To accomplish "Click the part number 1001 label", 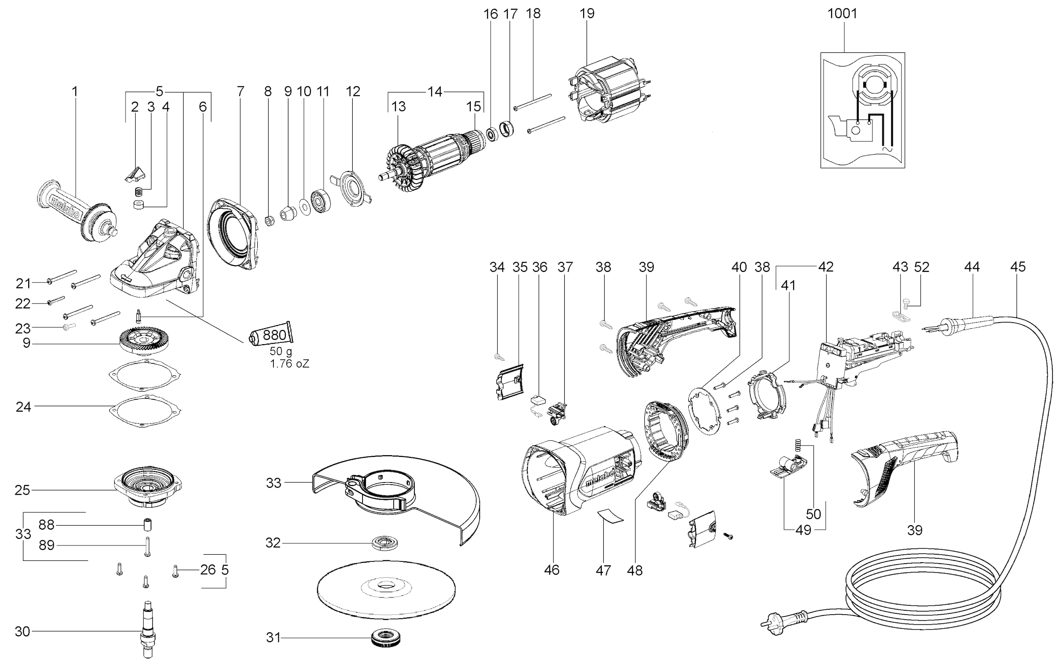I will pyautogui.click(x=842, y=14).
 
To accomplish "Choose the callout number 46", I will pyautogui.click(x=551, y=570).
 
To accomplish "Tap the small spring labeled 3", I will pyautogui.click(x=138, y=192).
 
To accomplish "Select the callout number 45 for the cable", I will pyautogui.click(x=1018, y=267).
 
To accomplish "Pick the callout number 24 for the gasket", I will pyautogui.click(x=23, y=406).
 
